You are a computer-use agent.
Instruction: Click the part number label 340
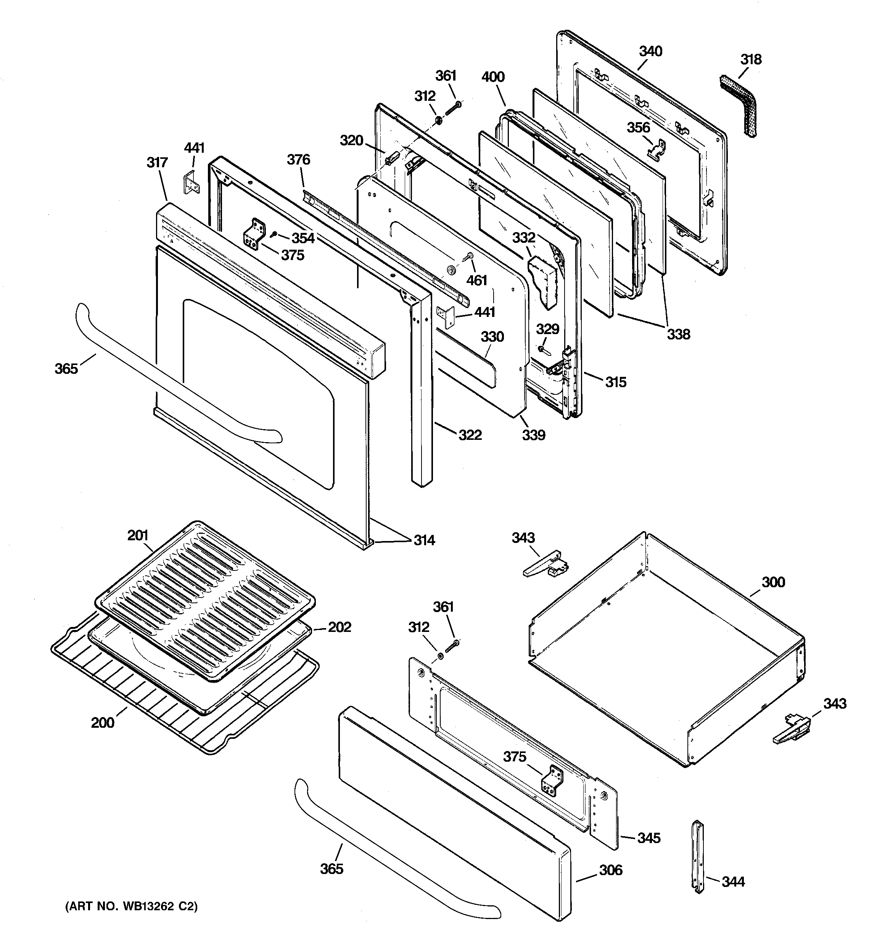pyautogui.click(x=650, y=51)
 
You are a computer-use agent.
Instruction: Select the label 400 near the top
pyautogui.click(x=492, y=77)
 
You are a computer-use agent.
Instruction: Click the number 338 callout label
pyautogui.click(x=678, y=334)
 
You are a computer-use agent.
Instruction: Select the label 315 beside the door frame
pyautogui.click(x=616, y=382)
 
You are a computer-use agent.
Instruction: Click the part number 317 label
pyautogui.click(x=157, y=163)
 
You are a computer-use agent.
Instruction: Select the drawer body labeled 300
pyautogui.click(x=665, y=651)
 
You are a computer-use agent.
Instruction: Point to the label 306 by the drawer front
pyautogui.click(x=610, y=870)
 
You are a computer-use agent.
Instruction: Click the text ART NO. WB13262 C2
pyautogui.click(x=131, y=907)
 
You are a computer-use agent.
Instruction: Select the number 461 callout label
pyautogui.click(x=476, y=281)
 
